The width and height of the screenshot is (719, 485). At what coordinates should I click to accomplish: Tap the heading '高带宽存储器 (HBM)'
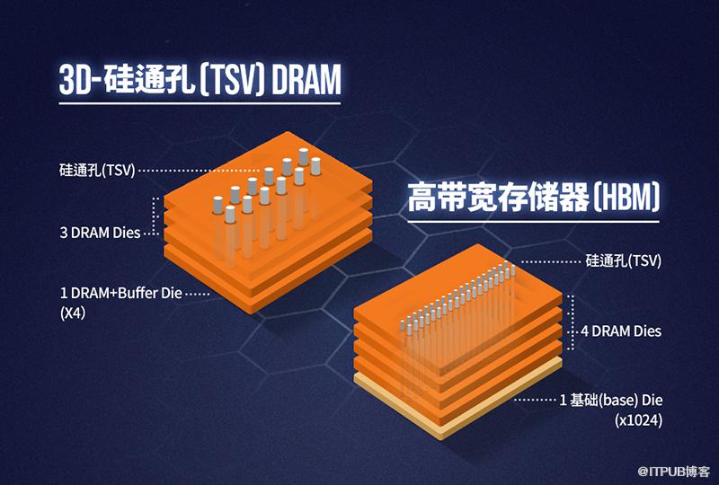point(533,197)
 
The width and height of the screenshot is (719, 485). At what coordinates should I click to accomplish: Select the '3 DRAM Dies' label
point(100,233)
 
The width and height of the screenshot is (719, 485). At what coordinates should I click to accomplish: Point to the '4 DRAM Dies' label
point(621,331)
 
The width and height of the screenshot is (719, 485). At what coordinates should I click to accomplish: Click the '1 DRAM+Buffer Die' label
point(121,293)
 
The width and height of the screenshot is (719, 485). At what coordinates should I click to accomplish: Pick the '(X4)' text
point(73,313)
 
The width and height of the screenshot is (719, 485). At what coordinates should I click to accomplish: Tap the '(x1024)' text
point(638,420)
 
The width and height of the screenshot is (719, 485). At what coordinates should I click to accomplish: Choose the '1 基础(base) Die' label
point(611,401)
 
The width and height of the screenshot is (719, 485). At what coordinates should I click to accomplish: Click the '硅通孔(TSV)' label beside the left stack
point(97,171)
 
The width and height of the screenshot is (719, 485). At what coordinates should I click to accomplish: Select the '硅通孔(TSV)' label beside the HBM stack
point(624,261)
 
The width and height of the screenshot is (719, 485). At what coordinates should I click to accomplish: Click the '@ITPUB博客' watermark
point(673,472)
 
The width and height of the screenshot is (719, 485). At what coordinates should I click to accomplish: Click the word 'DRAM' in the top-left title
point(306,79)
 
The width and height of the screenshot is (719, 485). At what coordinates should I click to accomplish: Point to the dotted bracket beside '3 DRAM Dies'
point(155,216)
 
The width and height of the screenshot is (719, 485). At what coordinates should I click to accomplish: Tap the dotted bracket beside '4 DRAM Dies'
point(572,322)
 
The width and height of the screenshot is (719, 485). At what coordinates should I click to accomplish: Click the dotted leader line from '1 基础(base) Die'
point(534,401)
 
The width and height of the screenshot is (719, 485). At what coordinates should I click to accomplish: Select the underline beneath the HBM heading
point(533,222)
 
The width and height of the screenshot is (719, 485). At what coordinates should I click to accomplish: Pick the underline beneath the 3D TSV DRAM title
point(200,103)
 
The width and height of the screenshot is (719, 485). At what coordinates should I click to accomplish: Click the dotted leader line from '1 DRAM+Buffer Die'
point(198,294)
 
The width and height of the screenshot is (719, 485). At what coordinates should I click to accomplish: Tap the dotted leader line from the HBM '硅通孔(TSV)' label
point(551,262)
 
